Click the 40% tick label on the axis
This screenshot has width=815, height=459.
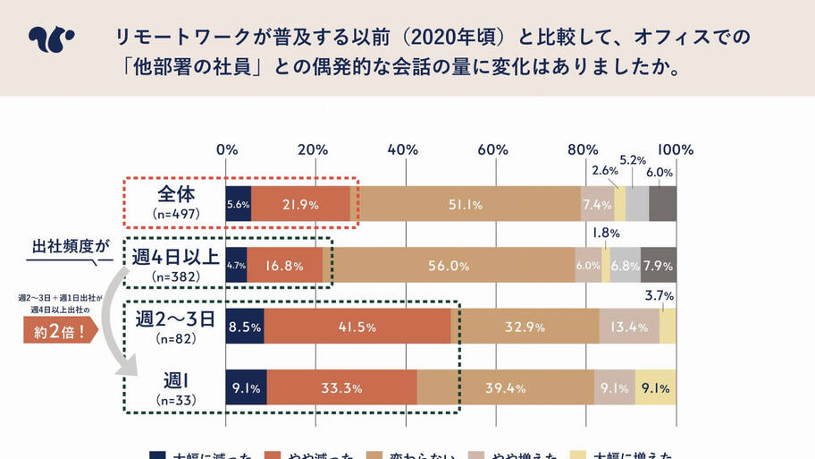pyautogui.click(x=404, y=149)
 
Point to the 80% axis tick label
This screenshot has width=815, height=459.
pyautogui.click(x=583, y=149)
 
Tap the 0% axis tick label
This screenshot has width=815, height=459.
pyautogui.click(x=226, y=149)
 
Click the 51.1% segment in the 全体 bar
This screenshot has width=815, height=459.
pyautogui.click(x=466, y=205)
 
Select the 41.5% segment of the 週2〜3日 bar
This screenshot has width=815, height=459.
pyautogui.click(x=357, y=327)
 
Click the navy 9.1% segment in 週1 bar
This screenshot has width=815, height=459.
pyautogui.click(x=246, y=387)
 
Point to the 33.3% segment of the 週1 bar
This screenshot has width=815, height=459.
pyautogui.click(x=341, y=387)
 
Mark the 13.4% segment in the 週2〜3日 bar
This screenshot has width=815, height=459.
pyautogui.click(x=629, y=327)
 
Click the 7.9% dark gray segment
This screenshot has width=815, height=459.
pyautogui.click(x=659, y=266)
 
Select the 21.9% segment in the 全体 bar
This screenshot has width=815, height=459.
pyautogui.click(x=300, y=205)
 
